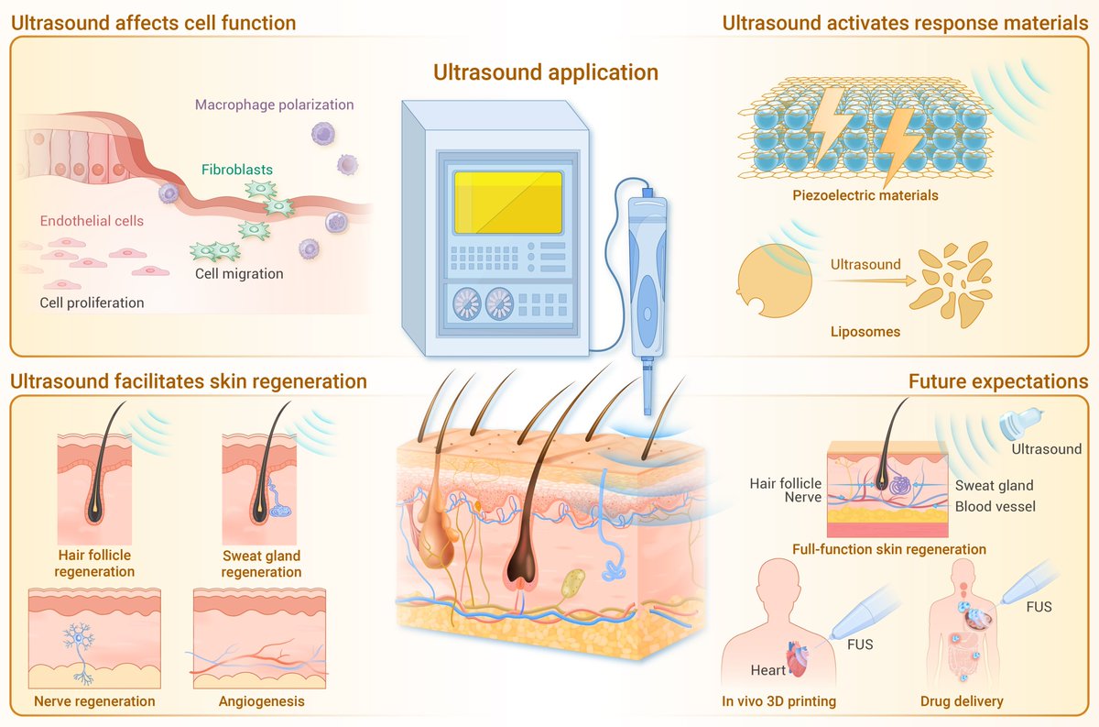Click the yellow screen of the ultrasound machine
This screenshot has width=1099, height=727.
[508, 202]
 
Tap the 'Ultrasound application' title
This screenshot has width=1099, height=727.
[546, 72]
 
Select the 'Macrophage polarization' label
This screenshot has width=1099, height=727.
[274, 105]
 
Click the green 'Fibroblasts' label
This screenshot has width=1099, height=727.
[237, 170]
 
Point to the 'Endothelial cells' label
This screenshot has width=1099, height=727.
[91, 221]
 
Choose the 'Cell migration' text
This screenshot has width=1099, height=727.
[239, 273]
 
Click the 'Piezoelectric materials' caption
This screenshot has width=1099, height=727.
[865, 195]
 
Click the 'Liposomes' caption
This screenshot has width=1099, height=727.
[865, 332]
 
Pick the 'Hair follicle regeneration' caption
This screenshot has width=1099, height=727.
[94, 564]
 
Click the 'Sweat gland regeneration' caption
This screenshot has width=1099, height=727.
[261, 564]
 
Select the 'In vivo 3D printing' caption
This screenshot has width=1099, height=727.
[778, 702]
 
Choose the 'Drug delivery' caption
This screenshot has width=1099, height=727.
[962, 702]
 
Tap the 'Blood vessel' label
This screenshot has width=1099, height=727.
[995, 506]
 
